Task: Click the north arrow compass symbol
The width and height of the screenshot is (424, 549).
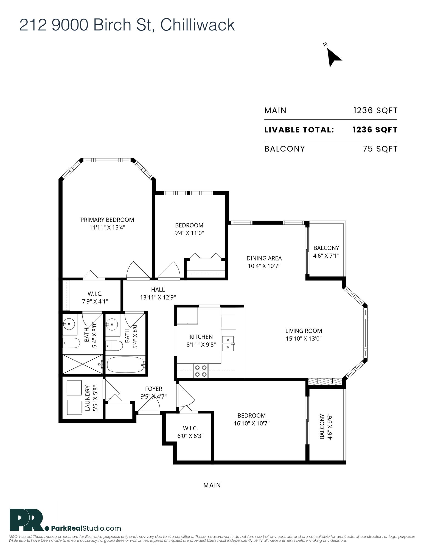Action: tap(333, 57)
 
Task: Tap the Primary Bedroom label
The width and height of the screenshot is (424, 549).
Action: tap(107, 220)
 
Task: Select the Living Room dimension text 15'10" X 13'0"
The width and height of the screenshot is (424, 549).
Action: tap(304, 338)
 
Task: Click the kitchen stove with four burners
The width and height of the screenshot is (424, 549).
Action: tap(201, 371)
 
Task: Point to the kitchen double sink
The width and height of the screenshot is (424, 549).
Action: tap(228, 343)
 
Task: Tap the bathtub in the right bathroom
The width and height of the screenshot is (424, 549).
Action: tap(125, 364)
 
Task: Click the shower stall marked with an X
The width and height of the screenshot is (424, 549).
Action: tap(82, 364)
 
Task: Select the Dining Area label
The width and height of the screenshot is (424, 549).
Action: tap(264, 258)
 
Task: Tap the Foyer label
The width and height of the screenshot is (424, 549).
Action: tap(154, 389)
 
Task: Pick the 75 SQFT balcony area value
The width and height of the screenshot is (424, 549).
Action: tap(380, 149)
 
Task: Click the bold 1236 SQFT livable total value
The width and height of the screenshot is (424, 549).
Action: tap(375, 130)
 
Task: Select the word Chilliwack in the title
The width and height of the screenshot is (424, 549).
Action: tap(198, 25)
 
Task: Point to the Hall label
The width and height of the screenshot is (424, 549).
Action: tap(158, 290)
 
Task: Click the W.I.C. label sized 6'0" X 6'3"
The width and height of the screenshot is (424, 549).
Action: tap(190, 432)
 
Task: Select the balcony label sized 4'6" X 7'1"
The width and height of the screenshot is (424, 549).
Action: tap(326, 252)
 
